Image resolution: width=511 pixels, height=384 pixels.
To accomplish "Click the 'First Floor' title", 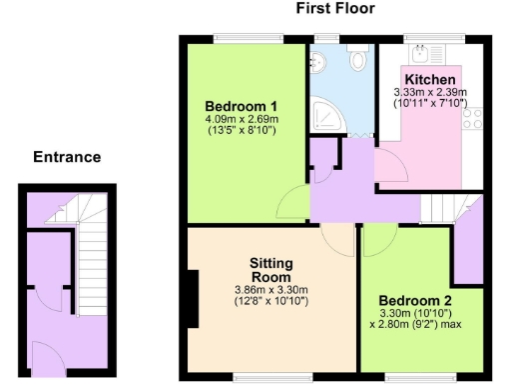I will [336, 9].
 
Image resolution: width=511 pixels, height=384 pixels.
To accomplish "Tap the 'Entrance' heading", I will [67, 157].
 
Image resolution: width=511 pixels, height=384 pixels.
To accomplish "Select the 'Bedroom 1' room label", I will [241, 107].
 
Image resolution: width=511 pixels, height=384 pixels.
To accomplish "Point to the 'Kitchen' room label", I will [430, 80].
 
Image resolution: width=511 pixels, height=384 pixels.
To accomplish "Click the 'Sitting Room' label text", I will [270, 270].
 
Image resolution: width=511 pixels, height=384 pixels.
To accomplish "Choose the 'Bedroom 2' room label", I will [416, 299].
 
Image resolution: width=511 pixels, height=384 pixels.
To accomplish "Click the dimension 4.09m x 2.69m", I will [241, 120].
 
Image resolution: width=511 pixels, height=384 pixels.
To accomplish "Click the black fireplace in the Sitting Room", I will [193, 296].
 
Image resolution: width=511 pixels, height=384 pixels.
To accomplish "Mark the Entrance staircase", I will [89, 260].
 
